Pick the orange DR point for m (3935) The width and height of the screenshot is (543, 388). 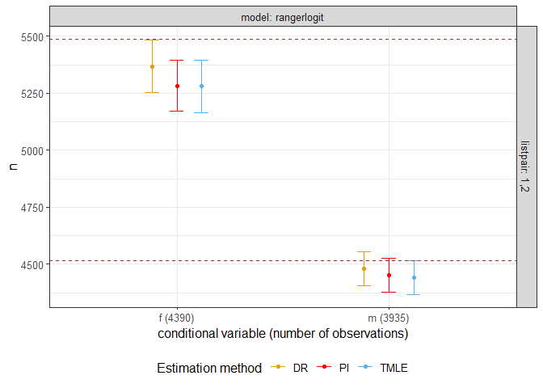coord(364,268)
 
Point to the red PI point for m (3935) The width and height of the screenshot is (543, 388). coord(389,275)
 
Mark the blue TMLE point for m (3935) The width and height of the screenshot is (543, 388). coord(414,277)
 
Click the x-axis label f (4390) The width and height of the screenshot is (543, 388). coord(176,318)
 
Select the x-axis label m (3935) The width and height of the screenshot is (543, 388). coord(389,318)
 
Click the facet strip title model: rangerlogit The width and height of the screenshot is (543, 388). coord(283,16)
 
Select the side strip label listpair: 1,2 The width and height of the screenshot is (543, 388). coord(526,167)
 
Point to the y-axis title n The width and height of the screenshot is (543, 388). coord(11,167)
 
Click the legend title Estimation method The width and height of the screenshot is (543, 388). coord(208,368)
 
